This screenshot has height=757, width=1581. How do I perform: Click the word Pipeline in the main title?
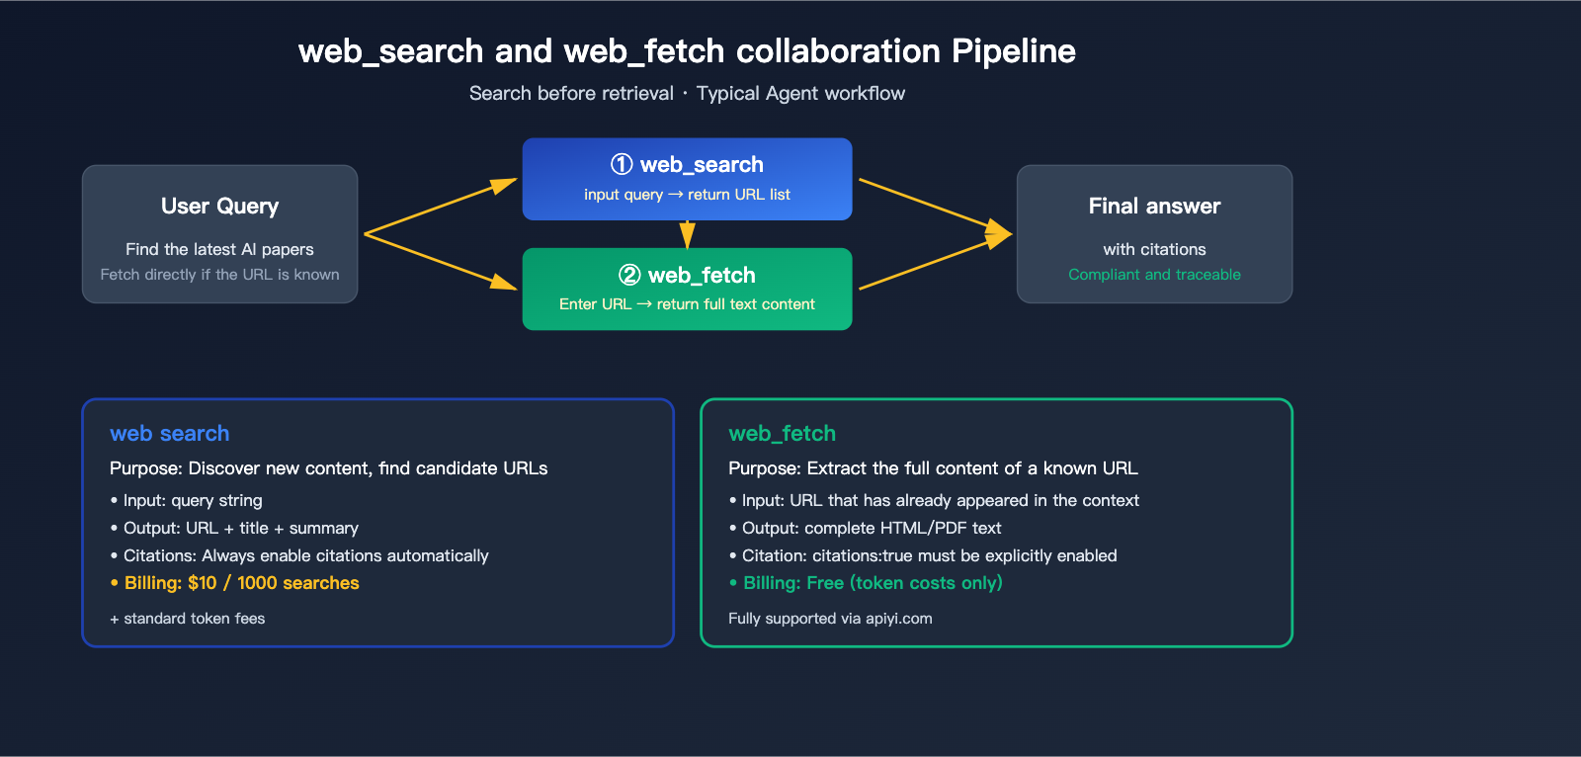coord(1013,51)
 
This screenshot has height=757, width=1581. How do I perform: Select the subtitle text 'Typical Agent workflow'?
coord(800,94)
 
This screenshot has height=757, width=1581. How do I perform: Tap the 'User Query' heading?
coord(219,207)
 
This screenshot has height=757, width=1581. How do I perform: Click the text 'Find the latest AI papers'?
coord(219,250)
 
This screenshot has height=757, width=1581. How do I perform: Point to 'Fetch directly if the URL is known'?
coord(219,275)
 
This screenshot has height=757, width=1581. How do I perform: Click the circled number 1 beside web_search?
coord(622,164)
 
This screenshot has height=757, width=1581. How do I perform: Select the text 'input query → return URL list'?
coord(687,195)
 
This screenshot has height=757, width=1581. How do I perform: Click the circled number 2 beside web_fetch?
coord(629,275)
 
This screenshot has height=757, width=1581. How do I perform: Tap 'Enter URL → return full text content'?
coord(687,304)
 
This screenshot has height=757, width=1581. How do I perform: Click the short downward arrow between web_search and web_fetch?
coord(687,235)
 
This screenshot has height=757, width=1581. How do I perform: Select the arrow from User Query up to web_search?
coord(440,207)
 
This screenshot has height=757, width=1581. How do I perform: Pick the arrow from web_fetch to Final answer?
coord(934,262)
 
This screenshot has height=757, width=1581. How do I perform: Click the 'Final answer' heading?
coord(1154,207)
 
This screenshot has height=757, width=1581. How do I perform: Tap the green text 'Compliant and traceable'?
coord(1154,275)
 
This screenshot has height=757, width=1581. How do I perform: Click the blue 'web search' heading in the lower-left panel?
coord(170,434)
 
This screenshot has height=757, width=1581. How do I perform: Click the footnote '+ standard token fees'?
coord(188,619)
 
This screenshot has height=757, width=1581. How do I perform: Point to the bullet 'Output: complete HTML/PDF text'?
coord(871,529)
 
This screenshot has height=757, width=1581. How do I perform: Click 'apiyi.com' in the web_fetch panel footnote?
coord(898,619)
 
